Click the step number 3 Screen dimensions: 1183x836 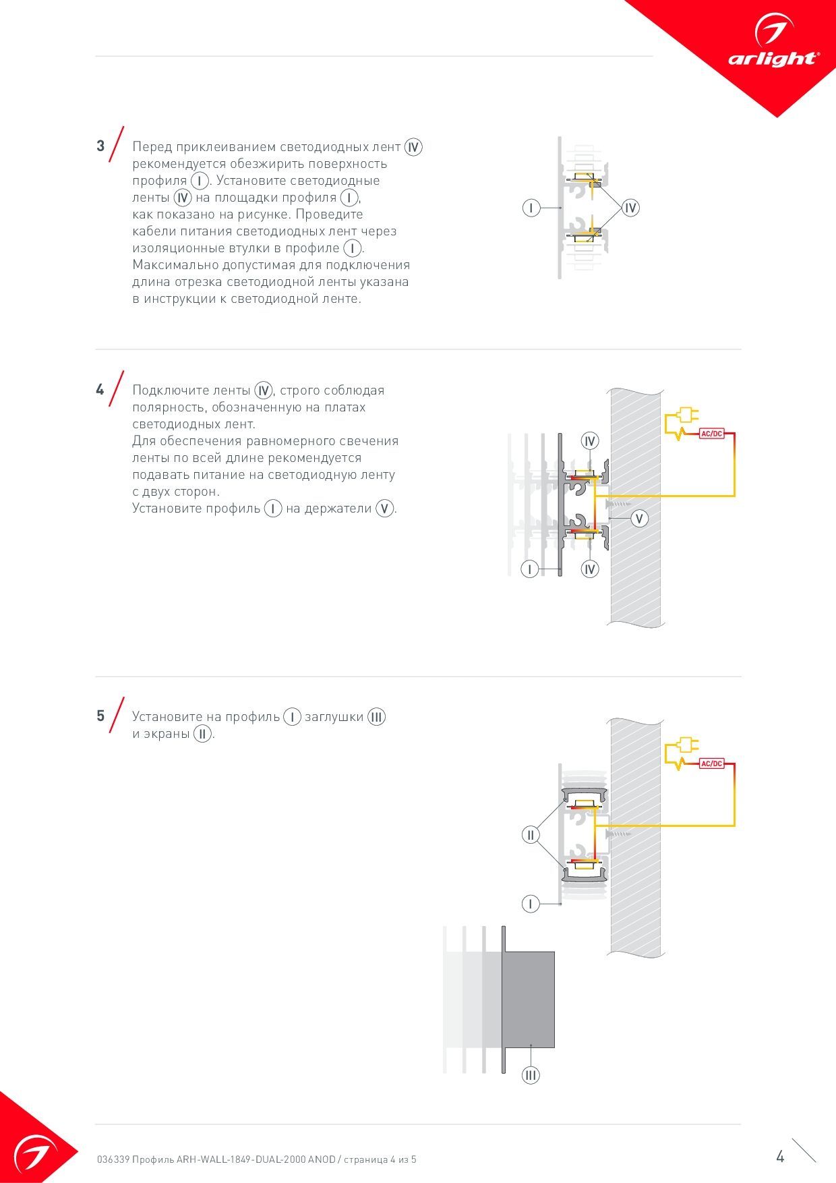100,146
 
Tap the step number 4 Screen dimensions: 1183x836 100,390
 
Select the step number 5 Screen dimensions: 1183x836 100,716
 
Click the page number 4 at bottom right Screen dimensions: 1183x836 780,1157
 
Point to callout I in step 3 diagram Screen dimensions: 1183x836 531,208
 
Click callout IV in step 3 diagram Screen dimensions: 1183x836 630,208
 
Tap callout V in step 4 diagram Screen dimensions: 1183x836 639,518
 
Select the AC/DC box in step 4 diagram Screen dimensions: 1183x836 711,434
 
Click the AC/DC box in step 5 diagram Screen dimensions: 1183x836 711,763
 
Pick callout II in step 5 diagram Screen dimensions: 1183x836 531,835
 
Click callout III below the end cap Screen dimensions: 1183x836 531,1075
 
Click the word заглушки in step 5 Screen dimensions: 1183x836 334,717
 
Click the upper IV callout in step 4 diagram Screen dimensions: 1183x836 590,441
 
